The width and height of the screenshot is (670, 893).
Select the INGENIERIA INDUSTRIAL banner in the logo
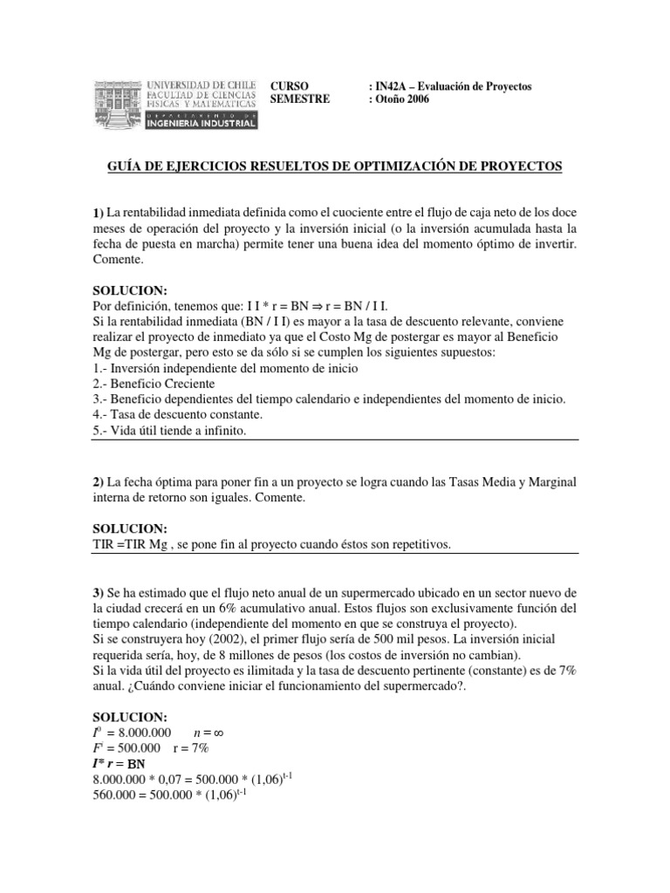point(201,123)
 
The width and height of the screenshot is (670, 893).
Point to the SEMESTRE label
point(301,99)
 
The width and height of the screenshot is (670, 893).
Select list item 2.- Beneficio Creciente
point(154,384)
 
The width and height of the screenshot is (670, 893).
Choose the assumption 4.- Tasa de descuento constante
point(177,415)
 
